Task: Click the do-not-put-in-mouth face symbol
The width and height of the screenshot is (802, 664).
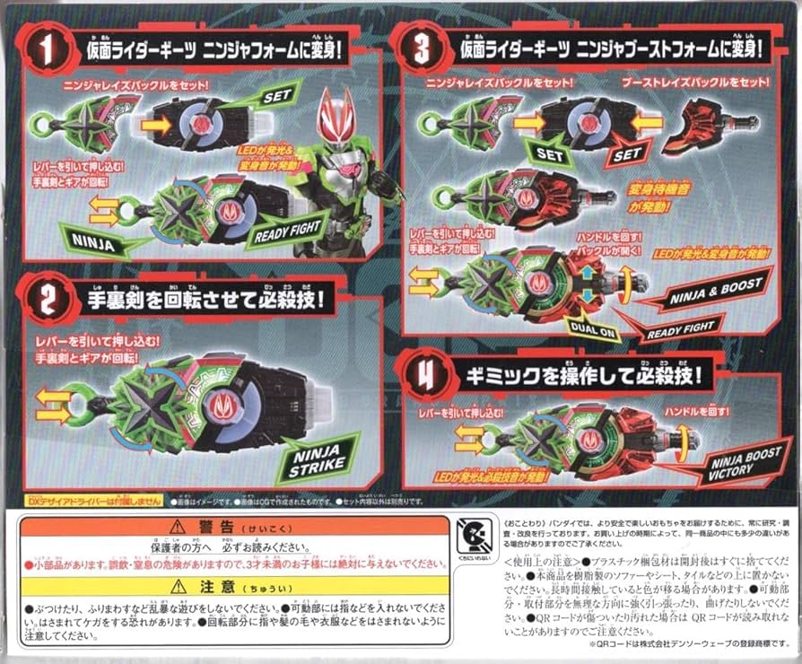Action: (x=472, y=536)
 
